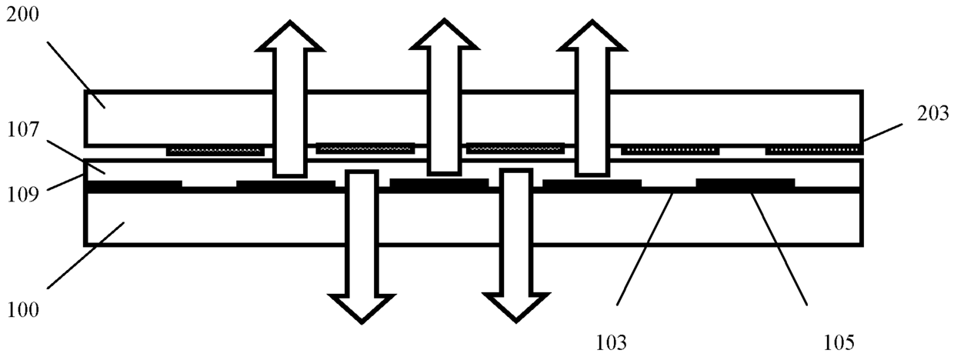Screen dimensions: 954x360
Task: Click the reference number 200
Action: coord(22,15)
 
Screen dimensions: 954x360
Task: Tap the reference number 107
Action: coord(23,129)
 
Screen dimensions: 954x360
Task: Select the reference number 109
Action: coord(23,195)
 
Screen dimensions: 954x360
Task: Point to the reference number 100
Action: coord(23,310)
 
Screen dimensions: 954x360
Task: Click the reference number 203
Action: coord(933,113)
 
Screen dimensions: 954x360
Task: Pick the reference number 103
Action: coord(611,343)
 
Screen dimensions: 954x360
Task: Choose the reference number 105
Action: coord(839,343)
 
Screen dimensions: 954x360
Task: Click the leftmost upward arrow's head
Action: coord(290,35)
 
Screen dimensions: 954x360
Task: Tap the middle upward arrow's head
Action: coord(444,34)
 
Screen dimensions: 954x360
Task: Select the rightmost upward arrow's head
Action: coord(592,35)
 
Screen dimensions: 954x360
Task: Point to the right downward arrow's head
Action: coord(515,308)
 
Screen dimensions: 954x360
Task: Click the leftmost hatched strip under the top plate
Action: coord(215,151)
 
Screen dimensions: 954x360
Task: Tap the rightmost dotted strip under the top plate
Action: coord(814,150)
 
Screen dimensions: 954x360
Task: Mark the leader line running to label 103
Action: coord(645,248)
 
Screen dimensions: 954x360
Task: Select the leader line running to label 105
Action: coord(779,248)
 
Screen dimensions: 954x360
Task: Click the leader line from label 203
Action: coord(882,132)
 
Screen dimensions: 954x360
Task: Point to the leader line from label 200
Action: coord(76,75)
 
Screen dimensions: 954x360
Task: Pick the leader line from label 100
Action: coord(85,255)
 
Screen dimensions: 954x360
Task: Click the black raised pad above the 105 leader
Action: coord(746,183)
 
